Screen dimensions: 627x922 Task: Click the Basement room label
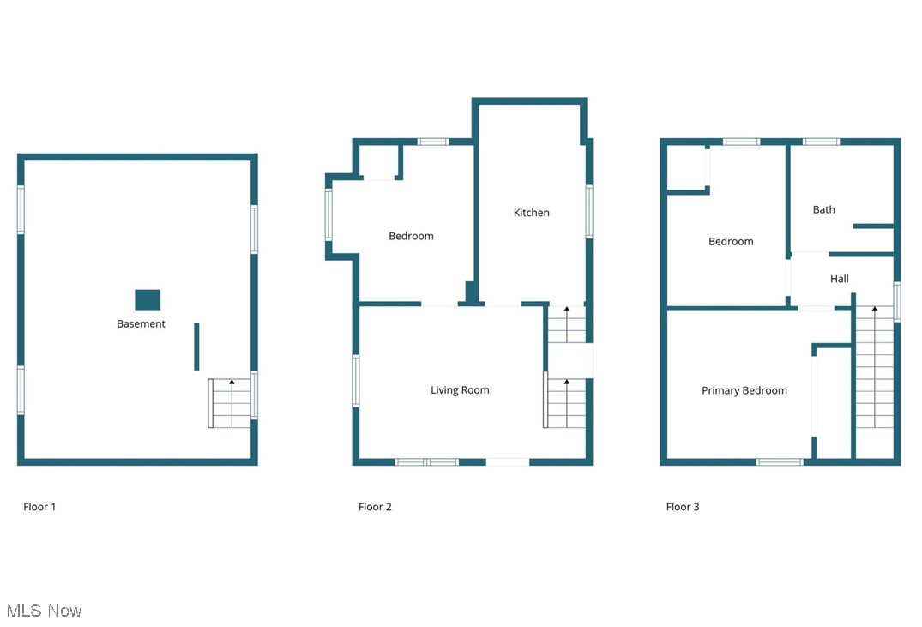[x=141, y=324]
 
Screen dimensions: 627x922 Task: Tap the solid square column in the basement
[x=148, y=300]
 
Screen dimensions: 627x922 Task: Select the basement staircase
[x=231, y=403]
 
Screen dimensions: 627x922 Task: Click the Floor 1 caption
[x=39, y=507]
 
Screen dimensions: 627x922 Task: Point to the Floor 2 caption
[x=375, y=507]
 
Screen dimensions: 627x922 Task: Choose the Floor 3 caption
[x=683, y=507]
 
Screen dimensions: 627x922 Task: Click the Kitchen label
[x=531, y=213]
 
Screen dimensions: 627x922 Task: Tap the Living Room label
[x=460, y=390]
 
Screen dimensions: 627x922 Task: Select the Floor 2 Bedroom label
[x=411, y=236]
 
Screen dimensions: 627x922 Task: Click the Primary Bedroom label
[x=744, y=390]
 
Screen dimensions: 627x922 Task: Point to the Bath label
[x=823, y=209]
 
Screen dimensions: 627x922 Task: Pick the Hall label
[x=839, y=279]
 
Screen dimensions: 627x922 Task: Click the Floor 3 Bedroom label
[x=731, y=242]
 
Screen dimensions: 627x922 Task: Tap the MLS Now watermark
[x=45, y=611]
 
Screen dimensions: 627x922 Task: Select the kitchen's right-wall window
[x=589, y=212]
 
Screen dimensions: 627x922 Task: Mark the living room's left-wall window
[x=356, y=381]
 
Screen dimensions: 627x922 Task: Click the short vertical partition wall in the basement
[x=196, y=347]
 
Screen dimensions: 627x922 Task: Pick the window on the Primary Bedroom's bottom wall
[x=779, y=462]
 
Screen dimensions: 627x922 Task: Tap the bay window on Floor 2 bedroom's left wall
[x=328, y=214]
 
